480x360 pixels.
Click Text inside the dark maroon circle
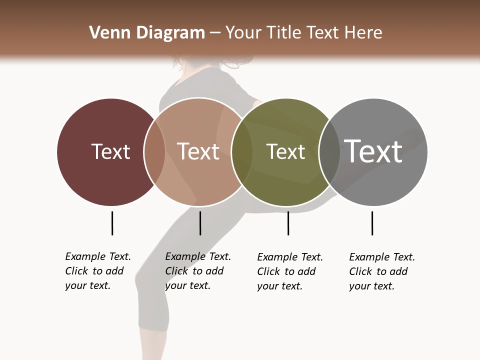coord(110,151)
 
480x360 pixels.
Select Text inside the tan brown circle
coord(198,151)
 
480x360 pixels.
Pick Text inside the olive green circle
coord(285,151)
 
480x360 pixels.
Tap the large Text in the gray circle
coord(373,151)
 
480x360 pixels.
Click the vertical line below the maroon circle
coord(112,223)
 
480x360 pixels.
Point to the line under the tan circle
coord(200,223)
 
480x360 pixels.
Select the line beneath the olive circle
coord(288,223)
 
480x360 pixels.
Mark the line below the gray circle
coord(372,223)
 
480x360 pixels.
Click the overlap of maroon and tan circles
coord(154,151)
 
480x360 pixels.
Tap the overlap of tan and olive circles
coord(242,151)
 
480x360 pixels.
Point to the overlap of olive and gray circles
coord(329,151)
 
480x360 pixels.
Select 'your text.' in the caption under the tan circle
coord(187,285)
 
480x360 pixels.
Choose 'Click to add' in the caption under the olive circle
coord(286,271)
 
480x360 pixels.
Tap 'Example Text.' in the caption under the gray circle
coord(382,257)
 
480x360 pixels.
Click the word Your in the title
coord(243,33)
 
